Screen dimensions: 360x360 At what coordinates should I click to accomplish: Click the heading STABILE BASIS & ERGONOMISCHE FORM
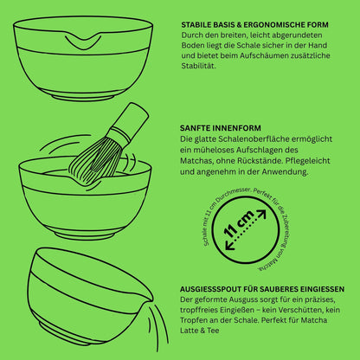click(254, 25)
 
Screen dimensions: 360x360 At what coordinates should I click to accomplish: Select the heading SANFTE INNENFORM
click(221, 128)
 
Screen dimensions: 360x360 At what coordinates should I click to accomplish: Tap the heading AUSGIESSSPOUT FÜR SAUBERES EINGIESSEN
click(262, 289)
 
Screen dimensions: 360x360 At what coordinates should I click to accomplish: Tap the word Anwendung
click(285, 172)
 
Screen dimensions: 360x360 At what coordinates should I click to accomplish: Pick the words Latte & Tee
click(200, 331)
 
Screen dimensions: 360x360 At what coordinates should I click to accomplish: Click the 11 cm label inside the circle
click(239, 224)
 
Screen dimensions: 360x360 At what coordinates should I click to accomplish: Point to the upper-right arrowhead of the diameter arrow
click(261, 214)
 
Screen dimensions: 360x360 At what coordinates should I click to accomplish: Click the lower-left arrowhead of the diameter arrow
click(230, 245)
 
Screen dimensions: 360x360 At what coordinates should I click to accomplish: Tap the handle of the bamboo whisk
click(130, 118)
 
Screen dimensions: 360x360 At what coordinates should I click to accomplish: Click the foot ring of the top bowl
click(84, 96)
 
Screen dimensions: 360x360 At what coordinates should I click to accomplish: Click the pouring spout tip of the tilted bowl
click(152, 298)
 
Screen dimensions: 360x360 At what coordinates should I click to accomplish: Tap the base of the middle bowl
click(87, 235)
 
